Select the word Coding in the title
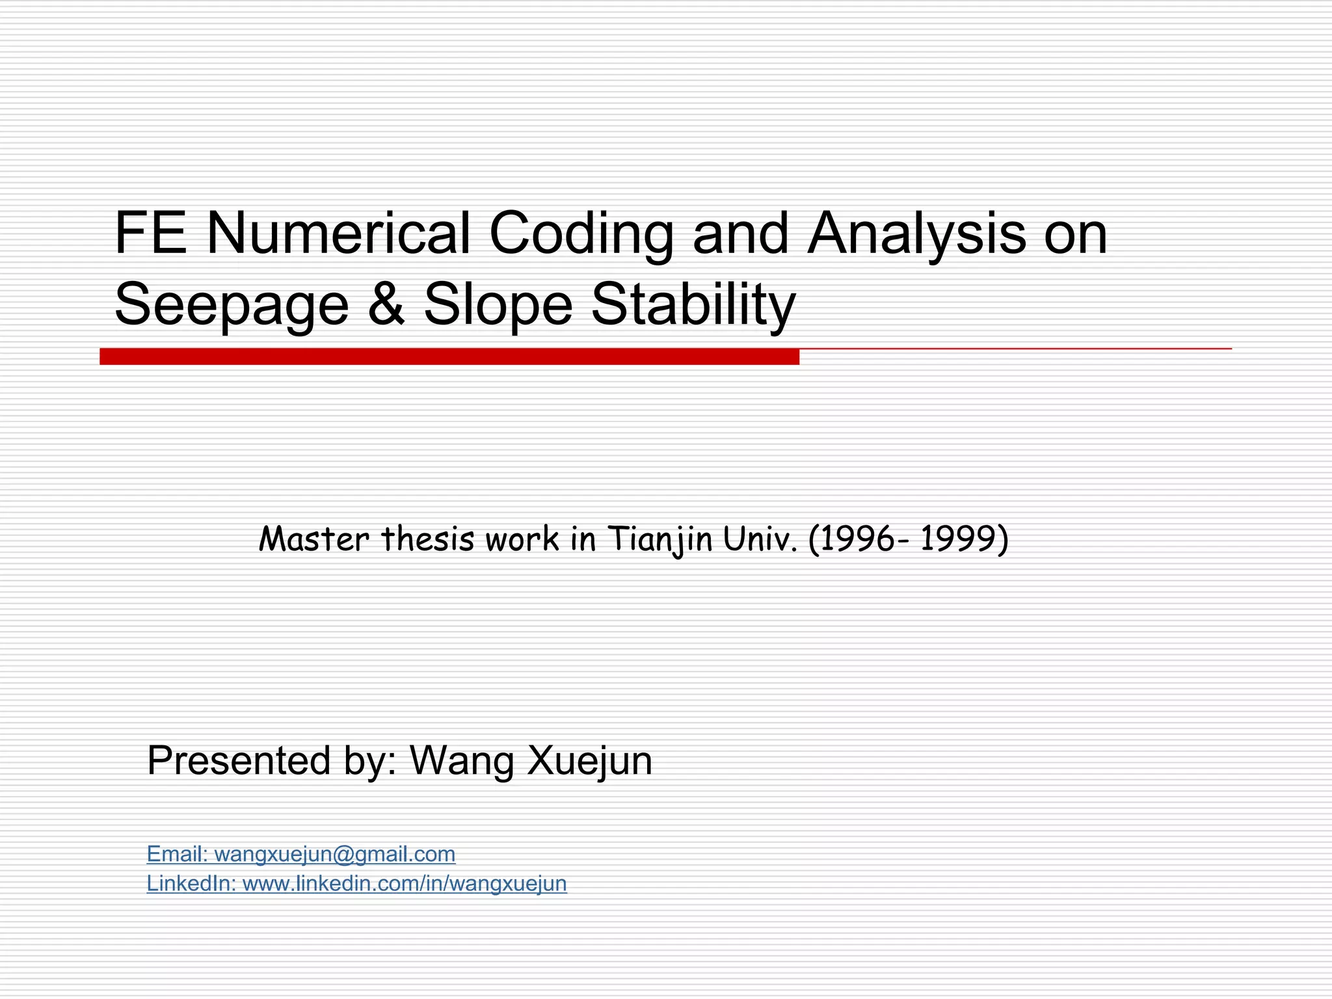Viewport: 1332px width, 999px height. pyautogui.click(x=581, y=233)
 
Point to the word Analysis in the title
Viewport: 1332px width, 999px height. pyautogui.click(x=916, y=233)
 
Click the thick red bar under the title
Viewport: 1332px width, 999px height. pyautogui.click(x=449, y=356)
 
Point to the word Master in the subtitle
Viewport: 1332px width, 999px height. pyautogui.click(x=314, y=539)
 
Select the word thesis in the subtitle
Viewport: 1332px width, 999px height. pyautogui.click(x=427, y=539)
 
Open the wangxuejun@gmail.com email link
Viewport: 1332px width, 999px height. pyautogui.click(x=334, y=854)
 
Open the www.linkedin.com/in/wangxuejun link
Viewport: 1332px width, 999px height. pyautogui.click(x=404, y=883)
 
